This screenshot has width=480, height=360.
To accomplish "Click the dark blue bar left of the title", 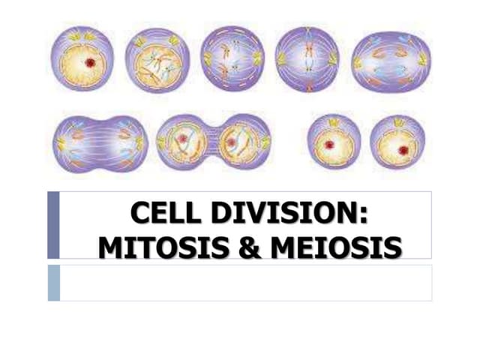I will pos(53,225).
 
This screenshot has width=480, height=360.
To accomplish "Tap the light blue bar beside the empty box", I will pos(53,282).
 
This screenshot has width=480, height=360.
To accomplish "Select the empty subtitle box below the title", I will pos(245,282).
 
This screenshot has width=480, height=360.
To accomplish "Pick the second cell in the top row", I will pos(157,60).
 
